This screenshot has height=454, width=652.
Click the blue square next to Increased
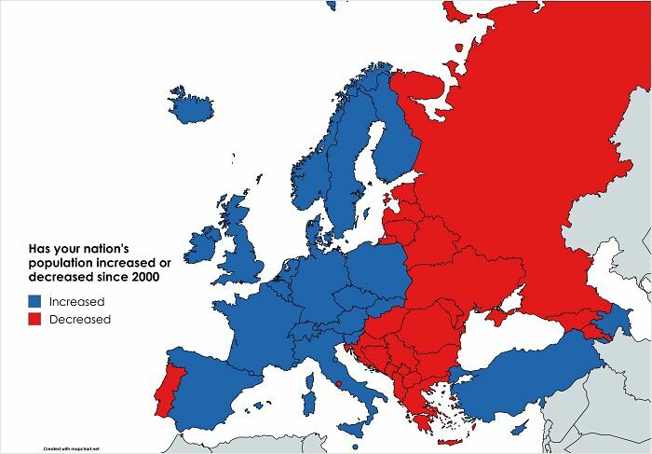34,302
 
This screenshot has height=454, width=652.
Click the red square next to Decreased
34,320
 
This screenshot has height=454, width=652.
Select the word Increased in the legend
76,302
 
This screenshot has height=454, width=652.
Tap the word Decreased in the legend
80,320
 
